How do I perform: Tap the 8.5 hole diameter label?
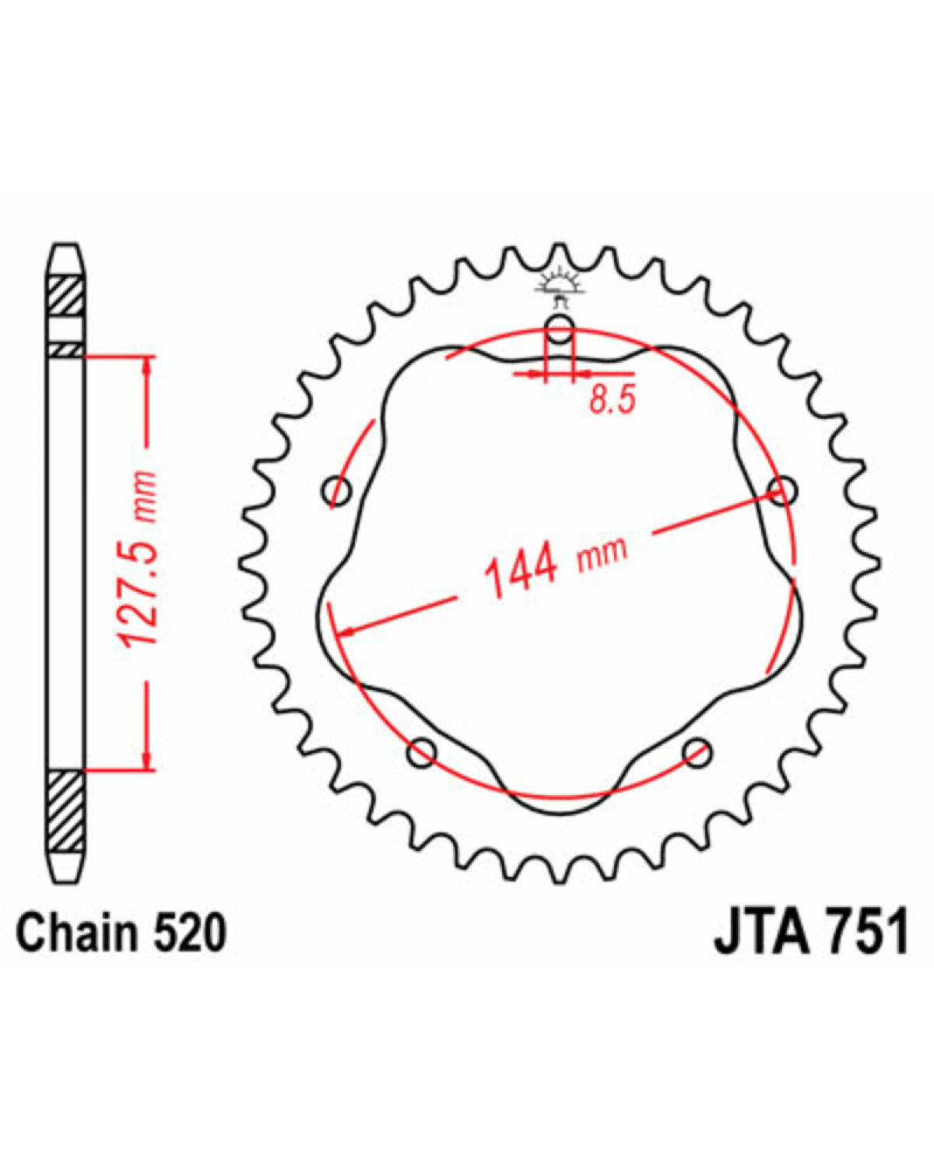pos(613,401)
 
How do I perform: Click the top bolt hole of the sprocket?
pos(560,329)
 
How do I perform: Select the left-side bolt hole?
pos(337,492)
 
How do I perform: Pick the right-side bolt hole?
pos(782,491)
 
